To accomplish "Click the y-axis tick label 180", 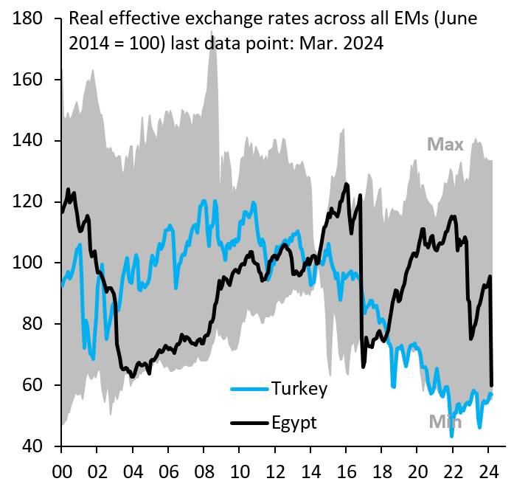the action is point(27,18).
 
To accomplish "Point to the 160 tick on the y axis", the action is point(27,80).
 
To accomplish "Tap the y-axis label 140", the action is point(27,140).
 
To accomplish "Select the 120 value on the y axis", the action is point(27,201).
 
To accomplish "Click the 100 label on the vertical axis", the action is point(27,263).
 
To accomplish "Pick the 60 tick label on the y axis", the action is point(32,384).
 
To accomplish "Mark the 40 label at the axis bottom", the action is point(32,446).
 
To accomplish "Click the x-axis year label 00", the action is point(62,472).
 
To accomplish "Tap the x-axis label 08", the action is point(204,472).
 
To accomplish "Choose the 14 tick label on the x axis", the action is point(310,472).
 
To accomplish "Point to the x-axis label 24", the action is point(489,472).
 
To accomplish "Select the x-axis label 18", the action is point(382,472).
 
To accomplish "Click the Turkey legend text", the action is point(299,389).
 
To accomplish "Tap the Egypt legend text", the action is point(294,423).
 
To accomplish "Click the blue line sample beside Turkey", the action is point(250,390).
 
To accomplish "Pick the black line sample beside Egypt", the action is point(250,423).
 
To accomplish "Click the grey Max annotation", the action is point(445,145).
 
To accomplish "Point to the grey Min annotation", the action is point(445,422).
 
